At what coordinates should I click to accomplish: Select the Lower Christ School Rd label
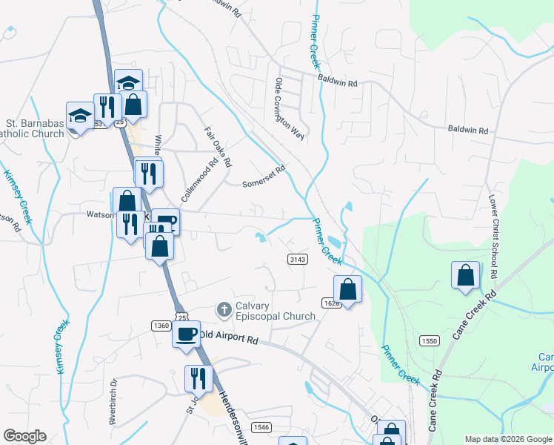(492, 233)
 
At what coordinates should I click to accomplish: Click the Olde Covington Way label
(289, 108)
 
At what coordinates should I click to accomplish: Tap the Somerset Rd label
(264, 177)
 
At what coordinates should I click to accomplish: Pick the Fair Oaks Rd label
(218, 145)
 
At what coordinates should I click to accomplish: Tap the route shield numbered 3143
(297, 258)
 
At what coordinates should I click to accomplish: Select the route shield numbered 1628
(331, 303)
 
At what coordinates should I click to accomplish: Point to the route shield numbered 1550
(428, 340)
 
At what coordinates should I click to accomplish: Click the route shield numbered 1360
(160, 326)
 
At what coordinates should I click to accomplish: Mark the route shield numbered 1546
(261, 426)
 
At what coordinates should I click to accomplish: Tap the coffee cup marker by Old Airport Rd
(186, 333)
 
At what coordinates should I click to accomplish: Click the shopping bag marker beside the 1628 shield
(347, 289)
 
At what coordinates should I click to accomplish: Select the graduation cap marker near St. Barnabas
(80, 116)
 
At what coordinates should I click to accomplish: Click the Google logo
(24, 436)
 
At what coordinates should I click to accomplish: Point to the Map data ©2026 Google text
(507, 439)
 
